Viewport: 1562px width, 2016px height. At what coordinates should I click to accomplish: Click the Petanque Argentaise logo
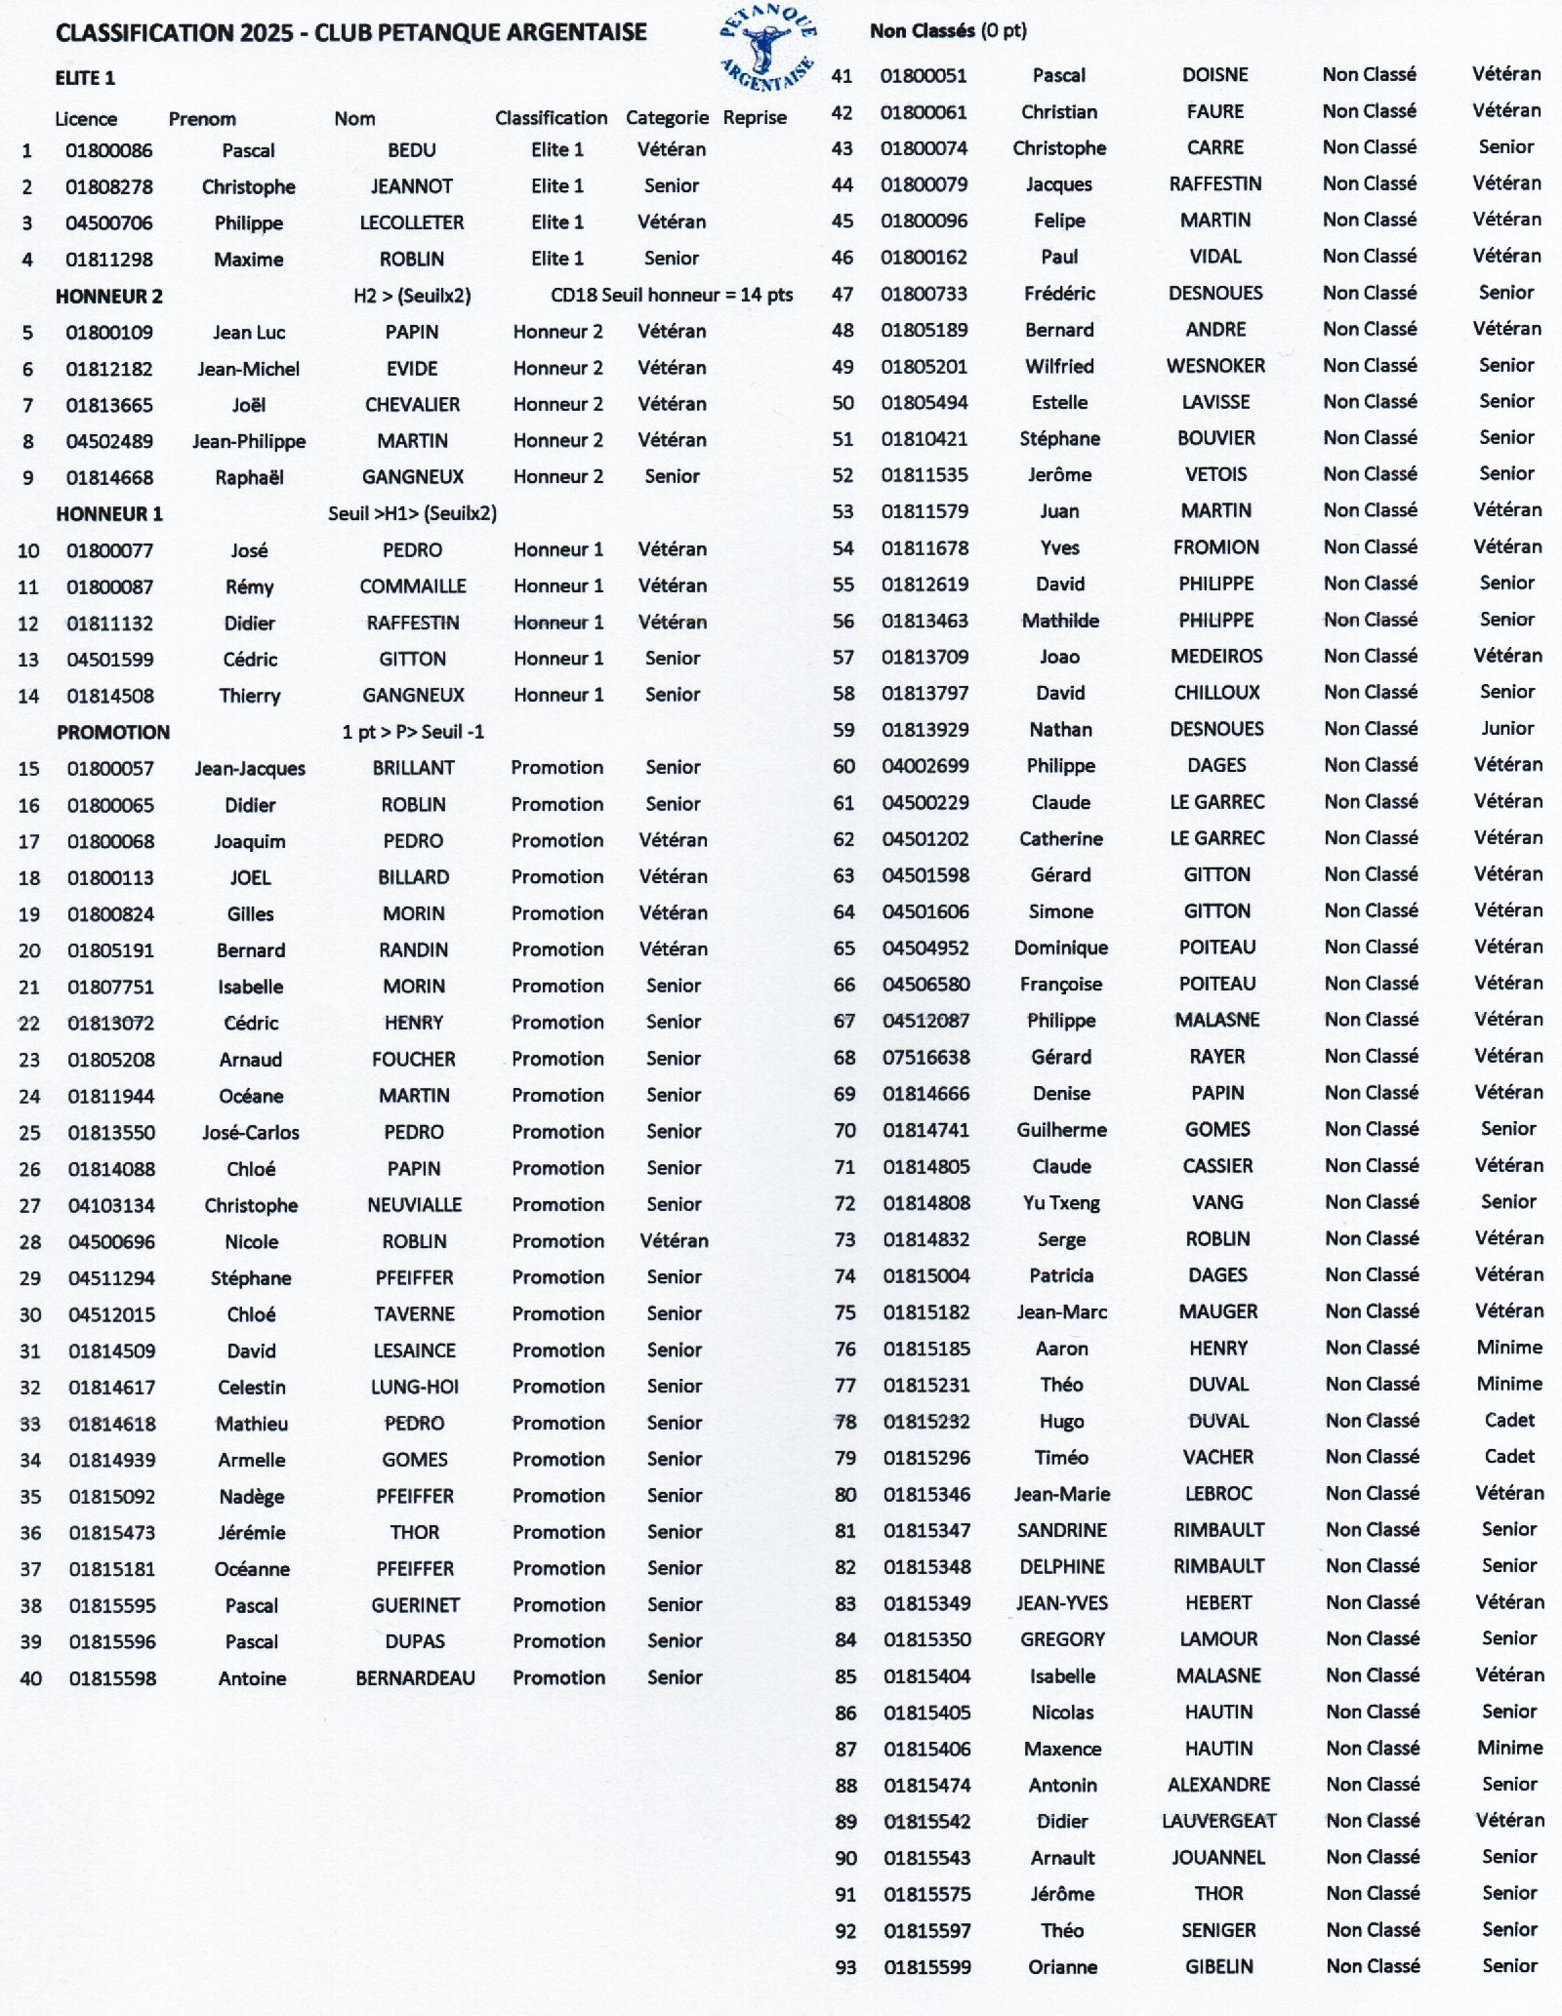(x=767, y=47)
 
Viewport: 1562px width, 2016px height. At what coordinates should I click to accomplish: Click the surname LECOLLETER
(x=411, y=222)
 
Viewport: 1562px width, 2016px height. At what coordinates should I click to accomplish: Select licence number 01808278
(x=108, y=186)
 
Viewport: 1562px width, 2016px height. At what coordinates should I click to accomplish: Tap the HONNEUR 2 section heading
(x=109, y=296)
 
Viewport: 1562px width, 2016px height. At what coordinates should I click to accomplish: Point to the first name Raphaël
(x=249, y=477)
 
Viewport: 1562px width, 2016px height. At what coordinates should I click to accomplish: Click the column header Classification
(x=551, y=118)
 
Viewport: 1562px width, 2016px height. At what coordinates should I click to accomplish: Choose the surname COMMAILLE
(x=412, y=586)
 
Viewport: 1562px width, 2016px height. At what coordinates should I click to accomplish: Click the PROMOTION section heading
(x=113, y=732)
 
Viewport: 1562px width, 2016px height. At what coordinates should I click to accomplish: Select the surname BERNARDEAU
(x=415, y=1678)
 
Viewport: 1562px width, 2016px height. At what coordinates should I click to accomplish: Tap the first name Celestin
(x=251, y=1387)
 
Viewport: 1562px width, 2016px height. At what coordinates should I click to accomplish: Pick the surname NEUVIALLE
(x=414, y=1205)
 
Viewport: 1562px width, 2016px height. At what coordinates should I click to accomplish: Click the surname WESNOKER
(x=1215, y=366)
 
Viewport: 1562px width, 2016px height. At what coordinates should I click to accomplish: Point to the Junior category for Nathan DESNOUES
(x=1507, y=728)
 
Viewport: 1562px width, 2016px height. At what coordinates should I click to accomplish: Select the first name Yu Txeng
(x=1061, y=1202)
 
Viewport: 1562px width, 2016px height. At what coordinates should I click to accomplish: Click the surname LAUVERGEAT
(x=1218, y=1821)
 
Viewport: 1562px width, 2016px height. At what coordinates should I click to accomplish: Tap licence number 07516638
(x=925, y=1057)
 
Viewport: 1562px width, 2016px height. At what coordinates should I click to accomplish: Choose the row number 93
(x=845, y=1967)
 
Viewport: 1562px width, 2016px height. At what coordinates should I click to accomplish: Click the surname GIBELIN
(x=1218, y=1966)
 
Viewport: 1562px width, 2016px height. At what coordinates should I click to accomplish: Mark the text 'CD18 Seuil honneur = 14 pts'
(x=672, y=295)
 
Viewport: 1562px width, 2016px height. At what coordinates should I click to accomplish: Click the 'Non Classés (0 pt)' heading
(x=948, y=30)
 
